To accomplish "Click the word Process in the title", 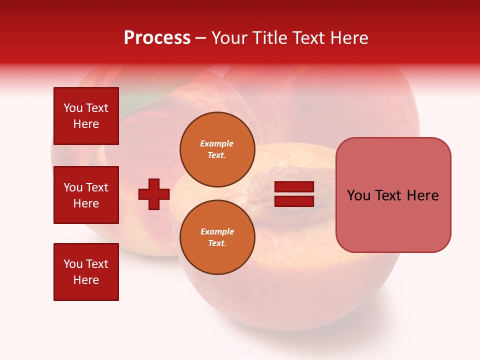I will (157, 38).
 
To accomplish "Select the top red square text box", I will (86, 116).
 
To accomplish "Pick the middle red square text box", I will (86, 195).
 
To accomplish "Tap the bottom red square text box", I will (86, 272).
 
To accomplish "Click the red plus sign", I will (154, 194).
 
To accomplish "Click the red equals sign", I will (294, 194).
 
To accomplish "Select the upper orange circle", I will (217, 149).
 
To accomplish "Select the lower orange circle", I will (217, 237).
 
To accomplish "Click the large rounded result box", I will (393, 195).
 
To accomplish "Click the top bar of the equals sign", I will (294, 187).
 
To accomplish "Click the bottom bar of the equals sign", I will (294, 201).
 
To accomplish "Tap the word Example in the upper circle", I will (217, 143).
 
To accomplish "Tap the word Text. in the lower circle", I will (217, 243).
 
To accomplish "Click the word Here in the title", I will (350, 38).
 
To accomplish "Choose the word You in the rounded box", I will (359, 195).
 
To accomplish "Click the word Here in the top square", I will (86, 124).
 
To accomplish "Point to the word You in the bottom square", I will (73, 264).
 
